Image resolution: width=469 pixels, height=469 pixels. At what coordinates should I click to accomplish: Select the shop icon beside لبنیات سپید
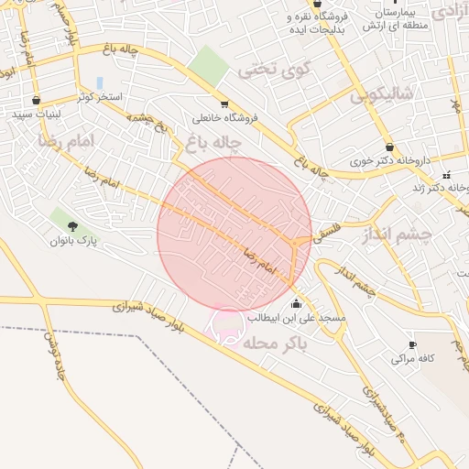[36, 101]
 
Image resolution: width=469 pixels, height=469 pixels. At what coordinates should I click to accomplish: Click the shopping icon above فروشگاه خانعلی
[224, 104]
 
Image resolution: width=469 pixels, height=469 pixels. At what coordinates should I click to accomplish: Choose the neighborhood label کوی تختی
[275, 69]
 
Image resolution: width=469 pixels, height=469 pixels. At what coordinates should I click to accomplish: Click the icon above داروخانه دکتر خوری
[390, 147]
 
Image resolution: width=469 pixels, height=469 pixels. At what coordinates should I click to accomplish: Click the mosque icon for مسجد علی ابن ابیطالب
[296, 304]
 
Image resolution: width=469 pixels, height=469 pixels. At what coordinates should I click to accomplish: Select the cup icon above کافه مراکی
[412, 345]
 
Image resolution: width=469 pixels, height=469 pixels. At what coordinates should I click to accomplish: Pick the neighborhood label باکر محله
[275, 342]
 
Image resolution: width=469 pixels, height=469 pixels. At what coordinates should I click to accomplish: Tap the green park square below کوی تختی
[210, 65]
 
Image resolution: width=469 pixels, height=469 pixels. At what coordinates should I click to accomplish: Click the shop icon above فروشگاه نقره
[317, 4]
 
